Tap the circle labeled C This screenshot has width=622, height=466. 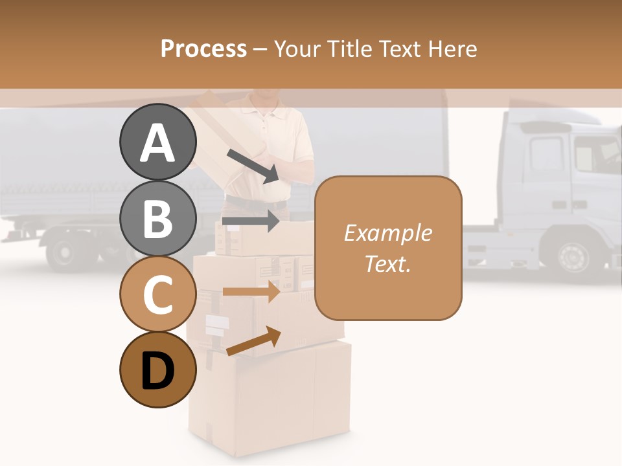[157, 294]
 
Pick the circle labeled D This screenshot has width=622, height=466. [157, 370]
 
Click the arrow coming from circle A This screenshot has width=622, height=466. [253, 166]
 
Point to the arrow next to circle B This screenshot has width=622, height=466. [251, 221]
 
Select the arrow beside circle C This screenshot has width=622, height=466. [251, 292]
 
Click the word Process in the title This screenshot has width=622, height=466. [203, 49]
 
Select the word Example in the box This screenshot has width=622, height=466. [387, 233]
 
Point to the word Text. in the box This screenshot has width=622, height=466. [387, 263]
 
